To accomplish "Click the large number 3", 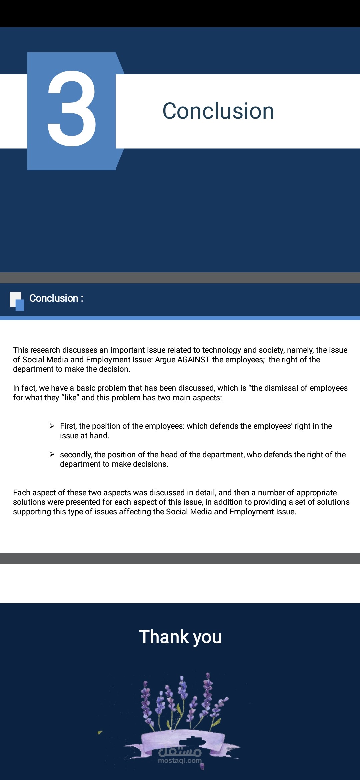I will [x=72, y=109].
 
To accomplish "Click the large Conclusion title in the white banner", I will [x=218, y=111].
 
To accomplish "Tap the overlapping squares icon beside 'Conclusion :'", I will [x=17, y=301].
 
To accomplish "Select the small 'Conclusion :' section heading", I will [x=56, y=298].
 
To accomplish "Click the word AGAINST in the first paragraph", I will [x=194, y=360].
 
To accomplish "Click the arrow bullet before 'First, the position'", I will [x=52, y=426].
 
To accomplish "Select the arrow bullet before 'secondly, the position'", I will [x=52, y=454].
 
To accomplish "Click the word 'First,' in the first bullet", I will [x=68, y=426].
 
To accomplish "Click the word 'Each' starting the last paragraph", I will [x=22, y=493].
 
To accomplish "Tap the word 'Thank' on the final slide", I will [x=164, y=637].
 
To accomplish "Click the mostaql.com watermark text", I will [x=180, y=761].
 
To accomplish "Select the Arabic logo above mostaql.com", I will [x=180, y=751].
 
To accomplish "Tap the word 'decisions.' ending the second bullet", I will [x=151, y=464].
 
